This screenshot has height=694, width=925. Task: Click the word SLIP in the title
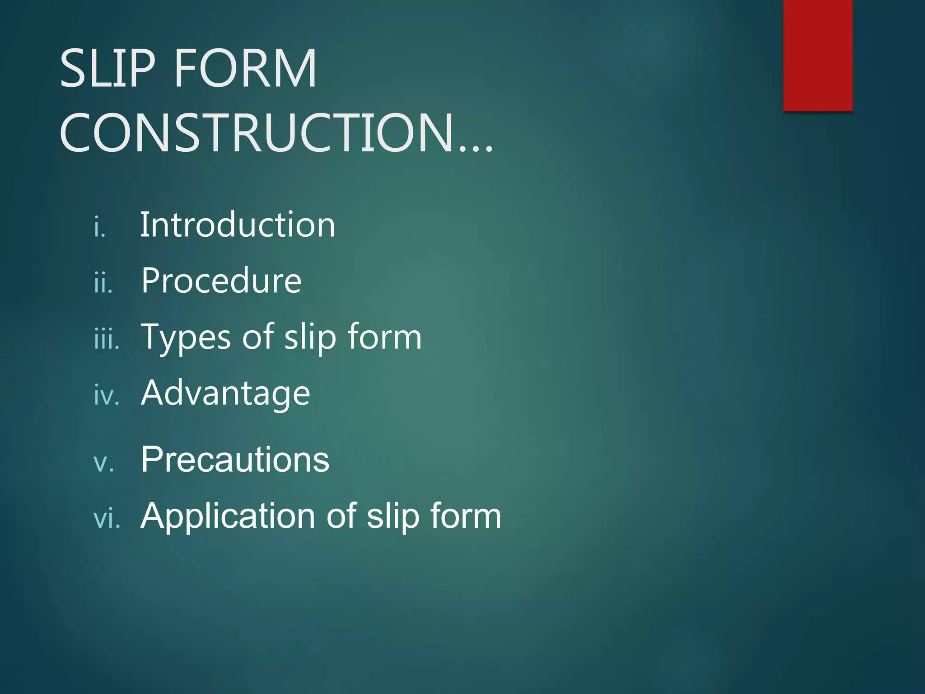point(107,69)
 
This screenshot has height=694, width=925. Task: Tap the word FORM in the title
point(245,69)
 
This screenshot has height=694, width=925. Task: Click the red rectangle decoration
point(818,55)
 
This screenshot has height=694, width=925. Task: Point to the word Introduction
point(238,225)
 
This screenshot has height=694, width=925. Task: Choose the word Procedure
point(221,281)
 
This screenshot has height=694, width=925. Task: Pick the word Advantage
point(225,393)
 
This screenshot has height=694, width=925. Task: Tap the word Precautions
point(235,460)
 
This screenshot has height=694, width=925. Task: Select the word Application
point(228,516)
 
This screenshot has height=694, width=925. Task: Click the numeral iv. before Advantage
point(107,396)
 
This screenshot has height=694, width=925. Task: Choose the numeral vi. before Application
point(107,519)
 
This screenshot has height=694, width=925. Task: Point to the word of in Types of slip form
point(257,337)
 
